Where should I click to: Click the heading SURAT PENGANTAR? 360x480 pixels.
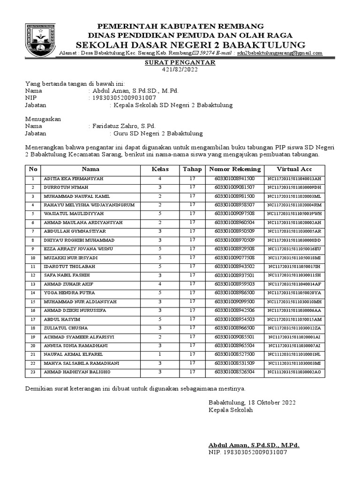click(x=180, y=62)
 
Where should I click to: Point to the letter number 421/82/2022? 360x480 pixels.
click(x=180, y=70)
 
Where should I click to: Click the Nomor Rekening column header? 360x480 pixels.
click(x=234, y=169)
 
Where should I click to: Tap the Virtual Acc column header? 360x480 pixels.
click(x=294, y=169)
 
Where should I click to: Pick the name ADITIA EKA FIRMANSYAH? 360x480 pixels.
click(x=74, y=179)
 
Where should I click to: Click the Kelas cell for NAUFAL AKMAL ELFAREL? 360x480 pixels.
click(x=160, y=355)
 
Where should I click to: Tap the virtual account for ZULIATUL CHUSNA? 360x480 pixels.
click(x=294, y=328)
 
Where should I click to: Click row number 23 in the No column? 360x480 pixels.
click(x=33, y=372)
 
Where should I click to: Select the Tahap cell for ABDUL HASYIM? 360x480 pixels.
click(x=192, y=319)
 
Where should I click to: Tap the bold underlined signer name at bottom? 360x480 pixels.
click(x=254, y=445)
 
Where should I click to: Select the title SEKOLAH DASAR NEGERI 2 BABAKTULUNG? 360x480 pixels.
click(x=190, y=45)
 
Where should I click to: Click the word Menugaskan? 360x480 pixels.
click(x=43, y=119)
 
